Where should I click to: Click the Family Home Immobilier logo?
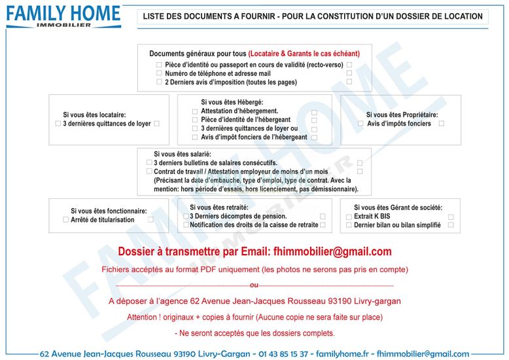pos(64,16)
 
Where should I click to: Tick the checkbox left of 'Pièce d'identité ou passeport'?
pos(159,65)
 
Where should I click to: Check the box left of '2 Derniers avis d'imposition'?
pos(159,82)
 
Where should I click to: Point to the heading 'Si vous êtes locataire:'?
pos(94,115)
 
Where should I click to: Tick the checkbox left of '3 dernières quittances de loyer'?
pos(58,123)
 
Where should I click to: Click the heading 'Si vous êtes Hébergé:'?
pos(232,102)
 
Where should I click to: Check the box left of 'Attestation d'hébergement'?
pos(194,111)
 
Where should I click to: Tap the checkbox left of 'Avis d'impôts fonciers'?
pos(360,123)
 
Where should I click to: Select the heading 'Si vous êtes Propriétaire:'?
pos(402,115)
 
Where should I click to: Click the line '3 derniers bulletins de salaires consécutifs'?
pos(215,162)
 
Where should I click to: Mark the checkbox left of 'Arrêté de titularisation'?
pos(65,220)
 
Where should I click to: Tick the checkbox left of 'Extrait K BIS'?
pos(348,216)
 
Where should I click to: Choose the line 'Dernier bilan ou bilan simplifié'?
pos(397,225)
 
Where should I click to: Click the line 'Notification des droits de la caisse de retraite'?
pos(254,225)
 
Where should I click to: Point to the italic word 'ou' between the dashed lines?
pos(254,285)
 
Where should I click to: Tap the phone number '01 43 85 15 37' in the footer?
pos(283,353)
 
